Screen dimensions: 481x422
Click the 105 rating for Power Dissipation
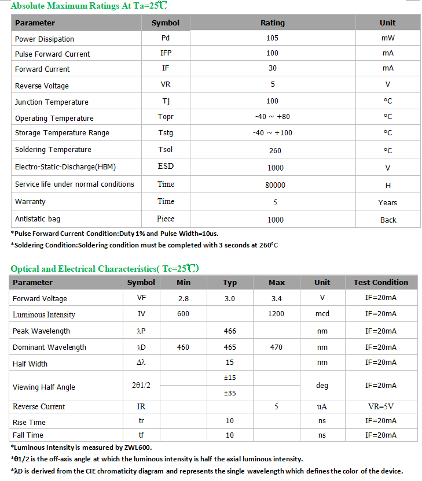(x=272, y=38)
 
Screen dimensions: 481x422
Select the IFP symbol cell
(x=166, y=53)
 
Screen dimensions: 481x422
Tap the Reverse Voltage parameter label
(x=42, y=86)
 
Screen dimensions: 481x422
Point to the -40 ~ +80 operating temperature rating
(x=272, y=117)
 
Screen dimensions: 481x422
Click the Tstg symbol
(x=166, y=133)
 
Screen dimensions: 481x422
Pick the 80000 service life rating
(x=275, y=185)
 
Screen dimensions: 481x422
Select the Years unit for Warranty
(x=387, y=202)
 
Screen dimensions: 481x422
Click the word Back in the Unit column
(x=388, y=220)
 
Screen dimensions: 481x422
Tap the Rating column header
(x=272, y=23)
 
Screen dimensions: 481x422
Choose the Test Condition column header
(x=380, y=283)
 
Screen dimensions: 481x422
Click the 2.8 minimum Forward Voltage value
(x=184, y=298)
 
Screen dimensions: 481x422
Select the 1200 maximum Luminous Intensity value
(x=277, y=314)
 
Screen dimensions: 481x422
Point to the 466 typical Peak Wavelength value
(x=230, y=331)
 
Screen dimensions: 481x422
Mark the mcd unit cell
(x=322, y=314)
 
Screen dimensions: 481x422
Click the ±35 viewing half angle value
(x=230, y=393)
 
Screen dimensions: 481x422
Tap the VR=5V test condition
(x=380, y=406)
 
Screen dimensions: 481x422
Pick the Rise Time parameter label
(x=29, y=423)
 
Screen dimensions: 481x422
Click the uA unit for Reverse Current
(x=322, y=406)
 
